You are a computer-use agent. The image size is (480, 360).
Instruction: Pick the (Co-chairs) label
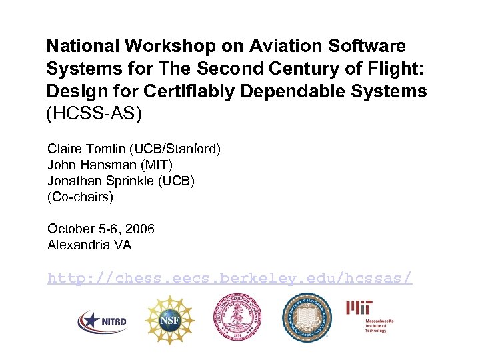[80, 197]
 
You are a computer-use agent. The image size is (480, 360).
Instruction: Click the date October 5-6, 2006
[101, 229]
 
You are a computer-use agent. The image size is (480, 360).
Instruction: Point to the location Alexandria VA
[89, 245]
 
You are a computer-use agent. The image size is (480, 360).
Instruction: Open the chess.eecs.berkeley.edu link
[230, 277]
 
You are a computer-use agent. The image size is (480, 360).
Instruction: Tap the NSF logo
[169, 320]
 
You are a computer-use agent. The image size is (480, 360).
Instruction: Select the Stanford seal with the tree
[237, 318]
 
